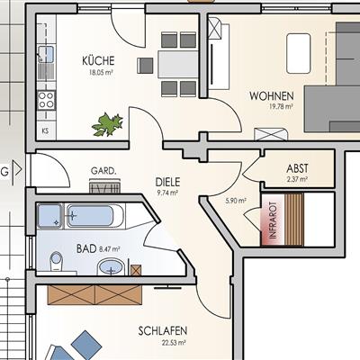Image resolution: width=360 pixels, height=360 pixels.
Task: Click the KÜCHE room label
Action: [98, 60]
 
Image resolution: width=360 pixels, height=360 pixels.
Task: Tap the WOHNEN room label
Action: [272, 96]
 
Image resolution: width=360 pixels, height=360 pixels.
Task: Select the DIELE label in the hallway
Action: [167, 182]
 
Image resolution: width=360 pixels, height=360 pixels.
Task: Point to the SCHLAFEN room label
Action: [163, 331]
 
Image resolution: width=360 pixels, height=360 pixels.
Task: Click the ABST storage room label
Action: [297, 168]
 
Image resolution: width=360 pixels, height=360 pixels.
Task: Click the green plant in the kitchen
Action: [107, 124]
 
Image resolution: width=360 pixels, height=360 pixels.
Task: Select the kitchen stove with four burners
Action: [46, 100]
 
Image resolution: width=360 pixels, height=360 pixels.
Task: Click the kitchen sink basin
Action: [47, 54]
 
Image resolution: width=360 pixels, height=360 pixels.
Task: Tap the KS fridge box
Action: [46, 131]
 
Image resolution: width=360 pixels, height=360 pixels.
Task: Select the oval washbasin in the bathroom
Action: [111, 266]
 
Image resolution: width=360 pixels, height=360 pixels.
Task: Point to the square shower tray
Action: [50, 216]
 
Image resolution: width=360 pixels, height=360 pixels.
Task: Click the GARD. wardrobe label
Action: [103, 171]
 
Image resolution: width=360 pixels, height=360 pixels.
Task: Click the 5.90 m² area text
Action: [236, 201]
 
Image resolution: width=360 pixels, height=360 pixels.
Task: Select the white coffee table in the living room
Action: [298, 53]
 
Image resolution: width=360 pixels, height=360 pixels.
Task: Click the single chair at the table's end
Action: [145, 66]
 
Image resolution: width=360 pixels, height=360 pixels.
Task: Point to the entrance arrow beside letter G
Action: [18, 171]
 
